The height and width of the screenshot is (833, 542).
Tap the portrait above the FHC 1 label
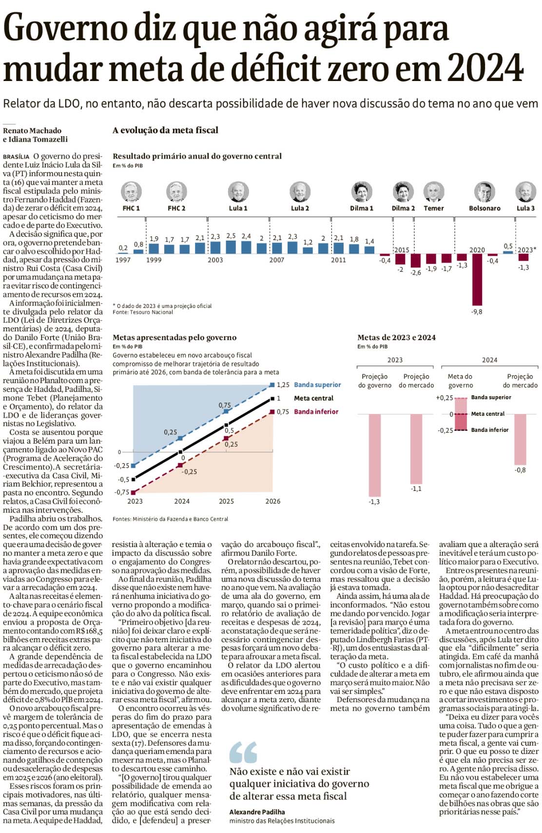point(131,192)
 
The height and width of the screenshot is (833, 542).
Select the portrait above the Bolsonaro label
point(484,192)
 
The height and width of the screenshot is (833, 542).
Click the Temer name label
point(433,208)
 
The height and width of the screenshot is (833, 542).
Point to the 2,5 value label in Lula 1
point(231,236)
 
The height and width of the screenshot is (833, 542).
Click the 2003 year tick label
point(215,260)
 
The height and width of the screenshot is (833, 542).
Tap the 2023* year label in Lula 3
point(526,250)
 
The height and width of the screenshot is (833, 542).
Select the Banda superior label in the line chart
point(317,385)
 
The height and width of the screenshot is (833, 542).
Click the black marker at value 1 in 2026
point(272,399)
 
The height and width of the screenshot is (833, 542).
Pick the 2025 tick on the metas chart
point(226,501)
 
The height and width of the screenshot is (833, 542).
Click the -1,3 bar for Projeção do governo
point(374,455)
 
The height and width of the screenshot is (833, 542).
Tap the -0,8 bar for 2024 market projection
point(520,439)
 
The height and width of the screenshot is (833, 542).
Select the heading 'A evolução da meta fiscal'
point(165,130)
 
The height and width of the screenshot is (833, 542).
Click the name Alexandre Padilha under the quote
point(257,812)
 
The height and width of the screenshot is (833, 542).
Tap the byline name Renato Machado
point(32,131)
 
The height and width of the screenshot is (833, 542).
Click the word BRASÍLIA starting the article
point(16,157)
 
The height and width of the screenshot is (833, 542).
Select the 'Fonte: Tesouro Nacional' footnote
point(143,312)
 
